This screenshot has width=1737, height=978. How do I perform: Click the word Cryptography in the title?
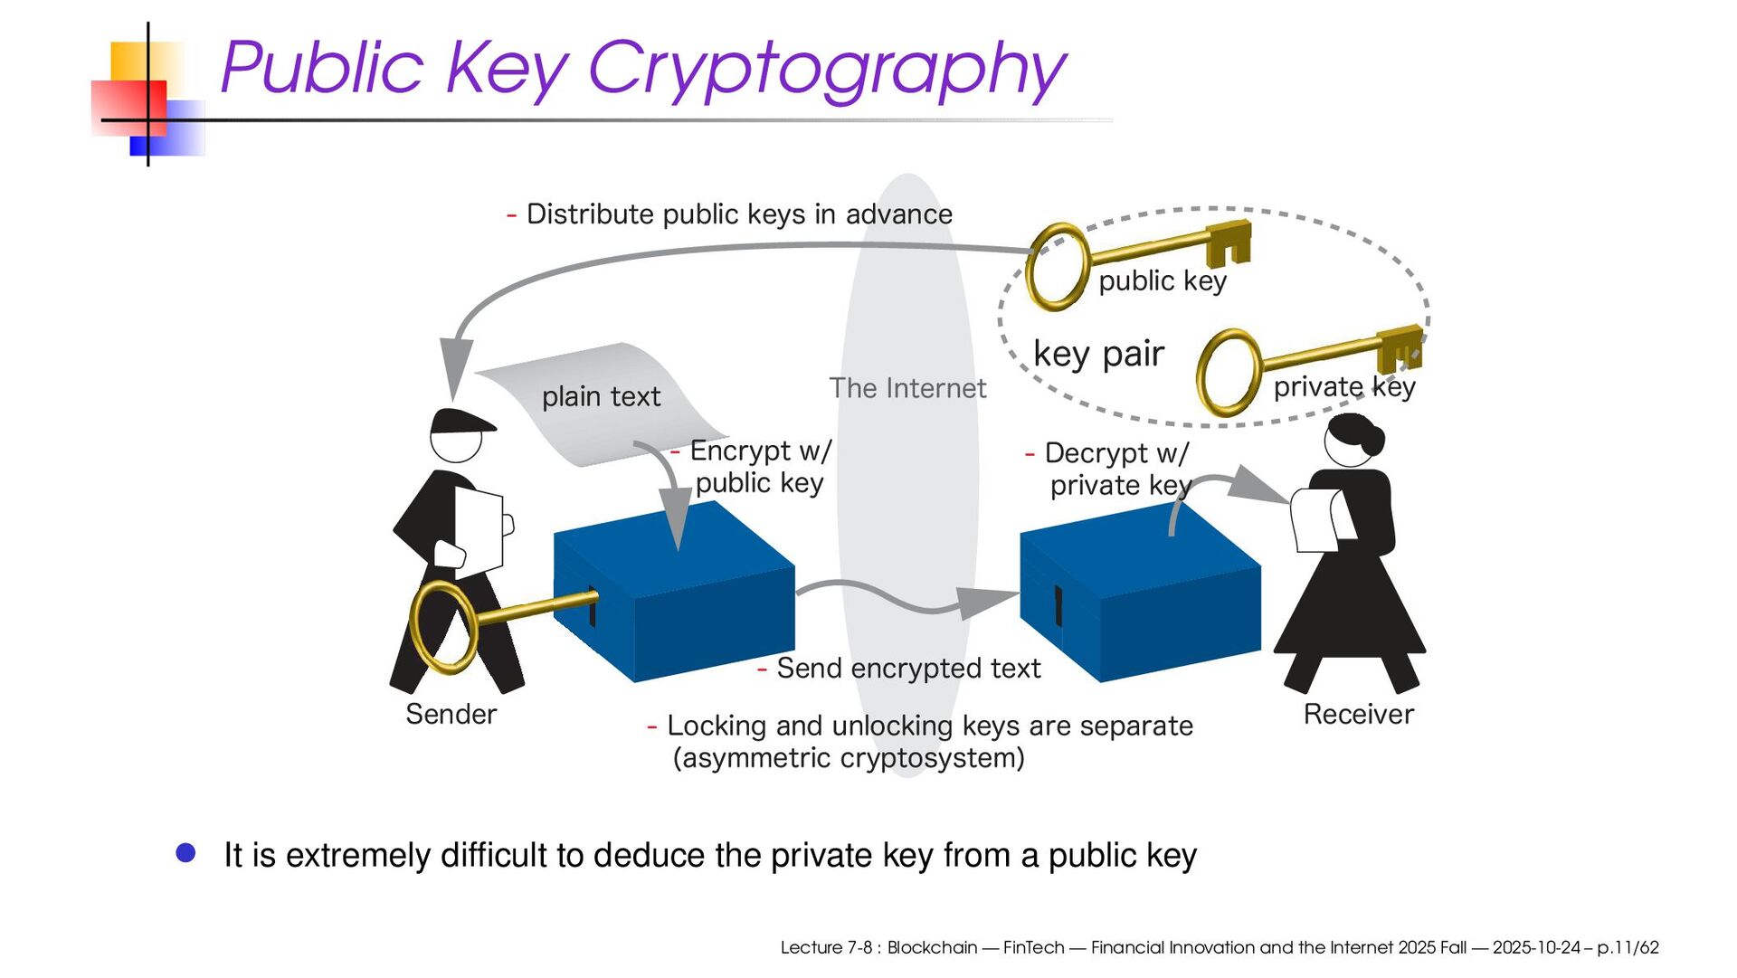[x=827, y=69]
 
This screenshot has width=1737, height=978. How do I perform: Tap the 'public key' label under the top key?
[x=1163, y=281]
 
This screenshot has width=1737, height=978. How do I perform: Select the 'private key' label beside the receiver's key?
[x=1343, y=387]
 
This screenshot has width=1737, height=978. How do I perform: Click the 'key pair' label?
[x=1098, y=354]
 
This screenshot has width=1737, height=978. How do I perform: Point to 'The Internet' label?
[x=907, y=388]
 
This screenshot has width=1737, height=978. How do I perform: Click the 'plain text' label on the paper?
[x=601, y=396]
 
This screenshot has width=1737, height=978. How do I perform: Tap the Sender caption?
[x=451, y=715]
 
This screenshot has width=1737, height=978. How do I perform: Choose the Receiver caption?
[x=1358, y=715]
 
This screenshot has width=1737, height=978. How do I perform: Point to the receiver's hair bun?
[x=1372, y=441]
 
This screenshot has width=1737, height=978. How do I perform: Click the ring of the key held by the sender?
[x=443, y=627]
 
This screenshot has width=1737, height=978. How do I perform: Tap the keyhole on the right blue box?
[x=1058, y=605]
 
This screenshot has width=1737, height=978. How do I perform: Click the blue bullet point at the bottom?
[x=186, y=853]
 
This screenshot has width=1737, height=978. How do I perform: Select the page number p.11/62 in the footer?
[x=1628, y=947]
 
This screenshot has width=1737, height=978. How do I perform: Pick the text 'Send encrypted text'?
[x=908, y=669]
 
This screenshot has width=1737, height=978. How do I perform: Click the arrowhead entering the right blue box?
[x=988, y=602]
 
